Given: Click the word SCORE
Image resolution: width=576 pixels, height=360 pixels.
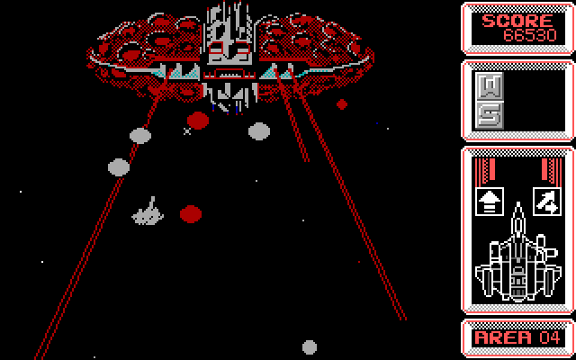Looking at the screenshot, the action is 517,21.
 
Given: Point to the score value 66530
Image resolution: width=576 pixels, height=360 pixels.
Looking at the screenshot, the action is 530,35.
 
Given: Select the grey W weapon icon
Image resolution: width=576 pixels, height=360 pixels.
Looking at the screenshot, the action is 489,86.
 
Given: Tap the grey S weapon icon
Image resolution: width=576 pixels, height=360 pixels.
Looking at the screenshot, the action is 489,115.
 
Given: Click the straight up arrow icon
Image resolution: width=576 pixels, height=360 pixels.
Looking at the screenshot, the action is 490,202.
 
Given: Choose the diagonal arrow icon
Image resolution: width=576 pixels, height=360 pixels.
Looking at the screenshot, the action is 547,202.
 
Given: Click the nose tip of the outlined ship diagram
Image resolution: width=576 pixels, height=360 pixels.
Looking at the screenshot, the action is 518,202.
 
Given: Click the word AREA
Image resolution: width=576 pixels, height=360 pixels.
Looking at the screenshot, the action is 503,337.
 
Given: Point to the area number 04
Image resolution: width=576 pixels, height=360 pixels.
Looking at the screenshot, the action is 550,337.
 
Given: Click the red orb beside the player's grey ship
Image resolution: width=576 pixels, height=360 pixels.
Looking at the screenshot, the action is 191,214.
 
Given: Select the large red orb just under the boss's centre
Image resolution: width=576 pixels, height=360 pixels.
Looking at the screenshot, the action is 198,121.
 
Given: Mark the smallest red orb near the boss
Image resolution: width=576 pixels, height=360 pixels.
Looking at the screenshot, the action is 342,104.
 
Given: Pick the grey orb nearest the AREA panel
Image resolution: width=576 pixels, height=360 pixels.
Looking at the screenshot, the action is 310,347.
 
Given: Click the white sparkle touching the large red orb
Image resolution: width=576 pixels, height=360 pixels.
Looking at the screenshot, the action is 187,131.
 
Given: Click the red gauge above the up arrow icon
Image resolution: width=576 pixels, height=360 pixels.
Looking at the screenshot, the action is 485,169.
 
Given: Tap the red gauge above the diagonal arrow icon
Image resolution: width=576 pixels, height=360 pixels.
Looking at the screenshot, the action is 552,169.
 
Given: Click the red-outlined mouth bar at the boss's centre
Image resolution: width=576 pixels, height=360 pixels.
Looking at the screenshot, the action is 229,74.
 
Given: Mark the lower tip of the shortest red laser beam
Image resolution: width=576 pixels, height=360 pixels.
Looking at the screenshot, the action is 307,161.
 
